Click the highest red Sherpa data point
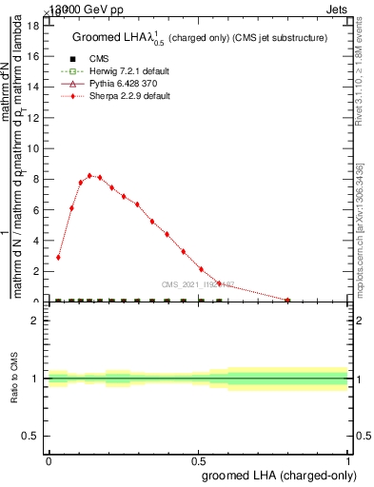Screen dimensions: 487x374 click(89, 176)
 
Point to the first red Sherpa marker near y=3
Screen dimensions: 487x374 click(58, 257)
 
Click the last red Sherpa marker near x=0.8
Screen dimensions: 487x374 click(288, 300)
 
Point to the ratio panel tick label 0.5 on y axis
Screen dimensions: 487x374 click(30, 436)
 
